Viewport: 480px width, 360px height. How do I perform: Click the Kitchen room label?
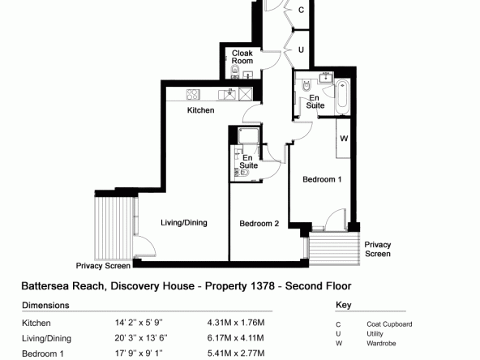(x=200, y=110)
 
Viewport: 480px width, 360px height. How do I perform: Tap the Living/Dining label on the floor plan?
(x=184, y=223)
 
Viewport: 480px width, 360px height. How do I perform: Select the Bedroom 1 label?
(x=322, y=179)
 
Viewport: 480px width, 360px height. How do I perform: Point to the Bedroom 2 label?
(x=259, y=224)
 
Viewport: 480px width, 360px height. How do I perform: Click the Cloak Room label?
(x=242, y=57)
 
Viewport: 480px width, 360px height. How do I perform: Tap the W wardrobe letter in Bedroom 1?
(x=344, y=139)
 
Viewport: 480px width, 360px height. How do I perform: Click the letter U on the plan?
(x=302, y=49)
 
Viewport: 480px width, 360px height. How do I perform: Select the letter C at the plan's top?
(x=302, y=10)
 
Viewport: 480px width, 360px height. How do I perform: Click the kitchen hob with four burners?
(x=193, y=94)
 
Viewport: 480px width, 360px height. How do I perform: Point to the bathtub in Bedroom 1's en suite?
(x=342, y=97)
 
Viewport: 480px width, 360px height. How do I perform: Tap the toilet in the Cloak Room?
(x=235, y=71)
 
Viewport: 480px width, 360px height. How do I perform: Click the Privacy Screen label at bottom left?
(x=103, y=266)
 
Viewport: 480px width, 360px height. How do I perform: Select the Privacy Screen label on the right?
(x=378, y=249)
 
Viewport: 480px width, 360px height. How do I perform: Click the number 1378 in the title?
(x=263, y=286)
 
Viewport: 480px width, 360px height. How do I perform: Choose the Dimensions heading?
(x=45, y=305)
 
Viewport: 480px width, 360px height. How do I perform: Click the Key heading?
(x=344, y=305)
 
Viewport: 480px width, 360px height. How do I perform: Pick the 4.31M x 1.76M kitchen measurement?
(x=236, y=323)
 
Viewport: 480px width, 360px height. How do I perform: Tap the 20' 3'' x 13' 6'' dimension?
(x=141, y=338)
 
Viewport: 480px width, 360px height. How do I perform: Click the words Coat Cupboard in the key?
(x=389, y=324)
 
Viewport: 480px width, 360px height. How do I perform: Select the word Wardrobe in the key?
(x=381, y=344)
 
